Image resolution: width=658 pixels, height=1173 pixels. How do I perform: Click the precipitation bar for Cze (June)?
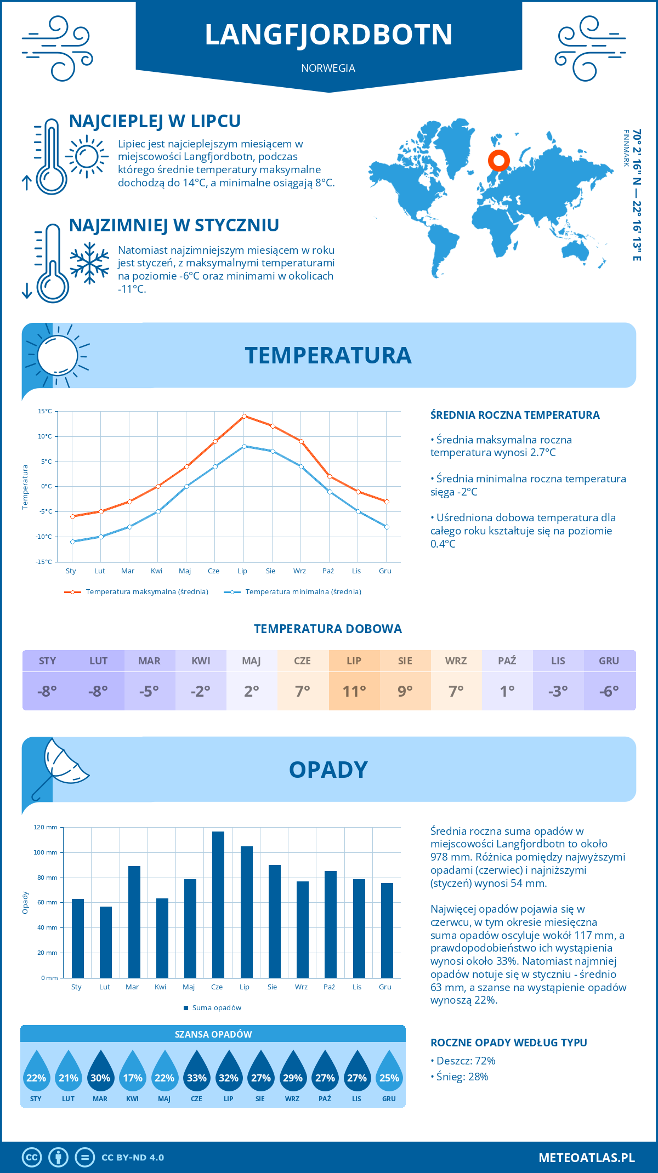(x=218, y=904)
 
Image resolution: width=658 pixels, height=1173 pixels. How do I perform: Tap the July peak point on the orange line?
(x=244, y=416)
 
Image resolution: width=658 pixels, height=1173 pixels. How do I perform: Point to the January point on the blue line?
(x=72, y=542)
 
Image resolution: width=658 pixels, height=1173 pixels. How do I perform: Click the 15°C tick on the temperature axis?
(x=45, y=411)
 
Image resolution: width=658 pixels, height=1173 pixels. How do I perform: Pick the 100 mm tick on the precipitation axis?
(x=46, y=852)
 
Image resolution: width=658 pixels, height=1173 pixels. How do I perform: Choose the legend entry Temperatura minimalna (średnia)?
(x=293, y=592)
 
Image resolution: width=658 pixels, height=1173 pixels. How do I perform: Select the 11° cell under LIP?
(x=354, y=691)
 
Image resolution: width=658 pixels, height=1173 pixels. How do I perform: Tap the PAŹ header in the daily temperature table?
(x=507, y=661)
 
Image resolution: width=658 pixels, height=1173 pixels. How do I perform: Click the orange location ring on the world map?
(x=499, y=161)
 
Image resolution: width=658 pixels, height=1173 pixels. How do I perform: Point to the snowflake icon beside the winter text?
(x=89, y=263)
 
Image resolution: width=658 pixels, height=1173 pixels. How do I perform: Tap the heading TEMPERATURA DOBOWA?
(x=328, y=629)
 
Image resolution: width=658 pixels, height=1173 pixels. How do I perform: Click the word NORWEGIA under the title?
(x=328, y=68)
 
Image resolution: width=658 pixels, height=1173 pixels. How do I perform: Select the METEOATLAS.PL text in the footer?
(x=587, y=1157)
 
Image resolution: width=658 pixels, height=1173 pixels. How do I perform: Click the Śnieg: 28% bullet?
(x=460, y=1077)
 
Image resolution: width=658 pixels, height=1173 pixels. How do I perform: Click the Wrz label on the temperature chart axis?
(x=299, y=571)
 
